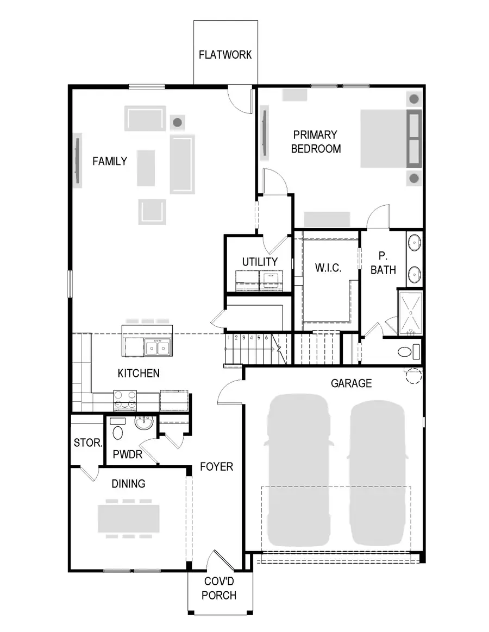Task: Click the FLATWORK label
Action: tap(225, 55)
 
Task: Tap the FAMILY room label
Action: tap(110, 161)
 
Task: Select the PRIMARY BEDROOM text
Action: tap(316, 142)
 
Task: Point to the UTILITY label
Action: tap(260, 262)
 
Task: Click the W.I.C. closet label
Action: tap(328, 268)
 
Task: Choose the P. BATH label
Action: tap(383, 263)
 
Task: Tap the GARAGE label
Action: tap(352, 383)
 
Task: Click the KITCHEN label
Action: tap(139, 374)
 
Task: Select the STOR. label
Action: tap(87, 443)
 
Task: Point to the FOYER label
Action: tap(216, 466)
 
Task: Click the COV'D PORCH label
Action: tap(220, 588)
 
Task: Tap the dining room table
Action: tap(129, 519)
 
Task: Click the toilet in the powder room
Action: tap(117, 432)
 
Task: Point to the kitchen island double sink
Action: tap(157, 347)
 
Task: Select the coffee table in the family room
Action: tap(146, 168)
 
